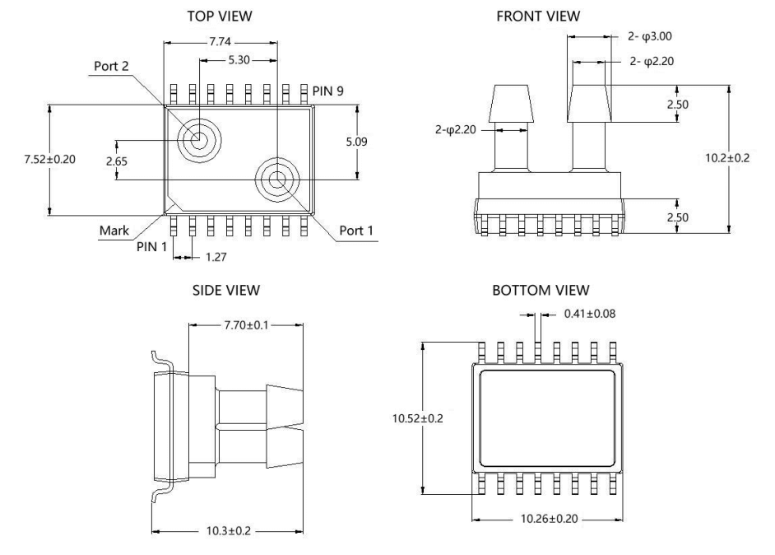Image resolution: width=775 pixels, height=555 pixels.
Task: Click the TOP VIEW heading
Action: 221,16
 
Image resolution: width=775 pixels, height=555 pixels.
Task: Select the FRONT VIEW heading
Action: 539,16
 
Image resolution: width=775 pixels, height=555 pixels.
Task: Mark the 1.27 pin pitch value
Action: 213,257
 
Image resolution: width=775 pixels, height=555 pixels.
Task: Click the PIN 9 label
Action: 330,90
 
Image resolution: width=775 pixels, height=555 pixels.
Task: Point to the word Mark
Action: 113,231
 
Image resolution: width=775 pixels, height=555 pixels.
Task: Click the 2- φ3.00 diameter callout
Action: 646,36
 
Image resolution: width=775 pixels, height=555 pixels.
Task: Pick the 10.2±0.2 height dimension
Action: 728,159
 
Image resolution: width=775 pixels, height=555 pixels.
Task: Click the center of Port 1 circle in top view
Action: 276,180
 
